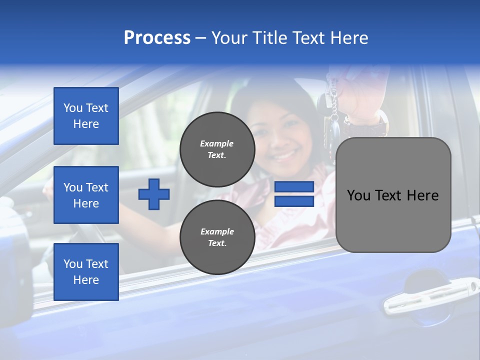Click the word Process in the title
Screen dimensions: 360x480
[x=157, y=38]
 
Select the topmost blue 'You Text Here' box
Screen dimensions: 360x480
[x=86, y=116]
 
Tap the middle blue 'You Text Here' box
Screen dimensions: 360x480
[x=86, y=195]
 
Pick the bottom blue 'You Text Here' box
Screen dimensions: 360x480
[x=86, y=271]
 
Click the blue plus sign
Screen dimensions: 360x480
[x=154, y=194]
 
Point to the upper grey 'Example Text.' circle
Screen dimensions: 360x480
[x=217, y=149]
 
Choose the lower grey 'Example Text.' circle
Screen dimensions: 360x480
[x=217, y=237]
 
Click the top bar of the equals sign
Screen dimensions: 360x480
[x=294, y=187]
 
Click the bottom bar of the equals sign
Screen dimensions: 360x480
[x=294, y=201]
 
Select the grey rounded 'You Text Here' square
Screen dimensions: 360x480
[x=393, y=195]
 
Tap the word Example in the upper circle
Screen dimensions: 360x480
[x=217, y=143]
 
